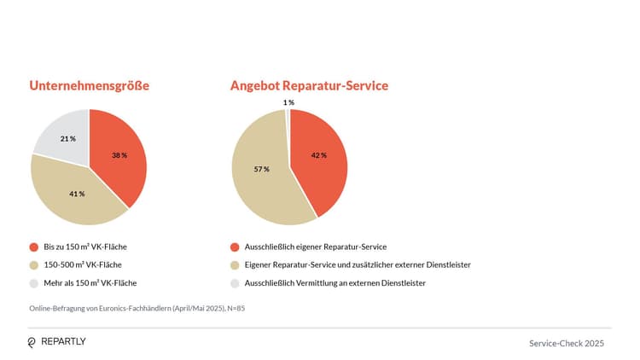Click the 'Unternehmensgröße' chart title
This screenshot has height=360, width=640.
tap(90, 86)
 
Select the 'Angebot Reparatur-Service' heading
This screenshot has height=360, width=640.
tap(309, 86)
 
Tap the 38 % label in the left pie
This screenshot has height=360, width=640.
tap(119, 155)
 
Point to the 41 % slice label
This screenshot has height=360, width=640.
tap(77, 194)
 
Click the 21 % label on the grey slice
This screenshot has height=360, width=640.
tap(68, 138)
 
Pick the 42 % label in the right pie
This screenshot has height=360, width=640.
tap(319, 155)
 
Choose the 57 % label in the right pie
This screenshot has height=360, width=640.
tap(261, 169)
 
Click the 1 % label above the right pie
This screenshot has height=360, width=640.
tap(288, 102)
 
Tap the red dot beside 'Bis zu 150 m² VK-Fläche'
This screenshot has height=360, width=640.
tap(33, 247)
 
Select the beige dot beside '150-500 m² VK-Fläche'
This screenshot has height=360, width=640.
tap(33, 264)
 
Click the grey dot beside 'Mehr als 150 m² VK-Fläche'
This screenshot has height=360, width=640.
tap(33, 282)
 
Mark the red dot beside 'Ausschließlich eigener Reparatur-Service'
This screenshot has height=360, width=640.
tap(234, 247)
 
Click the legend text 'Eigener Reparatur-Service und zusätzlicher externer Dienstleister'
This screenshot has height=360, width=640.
tap(358, 264)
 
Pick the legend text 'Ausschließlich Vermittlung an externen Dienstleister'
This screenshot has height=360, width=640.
tap(335, 282)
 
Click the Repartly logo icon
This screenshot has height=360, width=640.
tap(32, 342)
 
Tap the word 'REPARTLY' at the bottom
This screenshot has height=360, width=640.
tap(64, 342)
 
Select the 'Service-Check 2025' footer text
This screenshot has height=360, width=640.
tap(567, 343)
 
